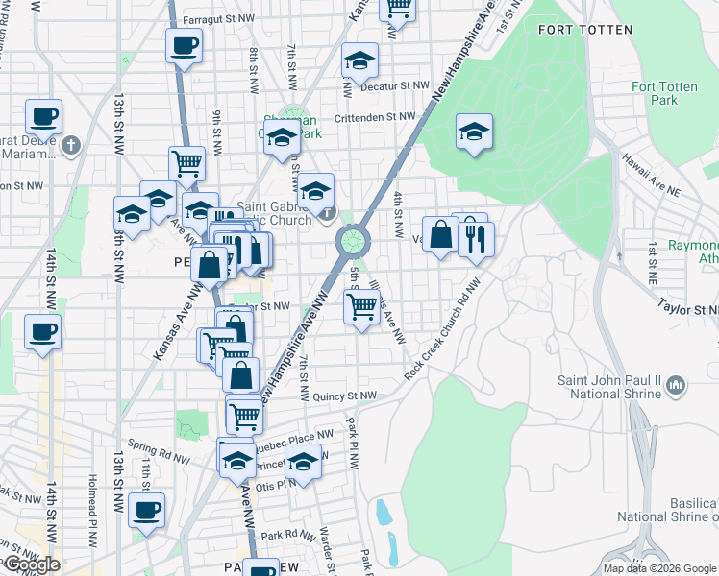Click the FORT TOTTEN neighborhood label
tap(585, 30)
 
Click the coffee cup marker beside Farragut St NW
tap(184, 46)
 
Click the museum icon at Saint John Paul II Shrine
tap(677, 386)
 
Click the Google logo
tap(31, 564)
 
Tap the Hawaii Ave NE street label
tap(650, 176)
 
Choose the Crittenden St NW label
tap(375, 117)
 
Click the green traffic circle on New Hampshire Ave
tap(354, 239)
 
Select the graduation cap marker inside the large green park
tap(474, 132)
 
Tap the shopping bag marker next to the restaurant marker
tap(440, 234)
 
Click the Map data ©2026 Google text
tap(658, 568)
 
